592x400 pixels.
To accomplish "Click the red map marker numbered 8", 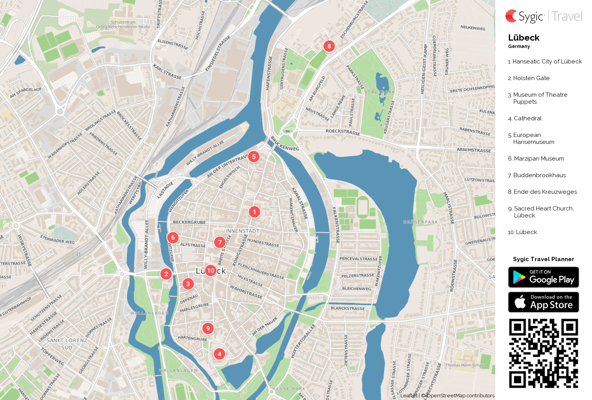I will click(x=329, y=46).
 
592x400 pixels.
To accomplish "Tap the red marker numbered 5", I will click(x=253, y=157).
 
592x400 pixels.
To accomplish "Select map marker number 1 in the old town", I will click(x=254, y=212).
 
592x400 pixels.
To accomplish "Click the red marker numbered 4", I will click(x=219, y=354).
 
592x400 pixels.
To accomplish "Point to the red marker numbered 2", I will click(x=166, y=274).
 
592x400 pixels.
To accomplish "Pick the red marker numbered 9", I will click(x=208, y=328).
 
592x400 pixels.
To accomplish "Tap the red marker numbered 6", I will click(x=173, y=238).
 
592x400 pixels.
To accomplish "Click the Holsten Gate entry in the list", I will click(x=531, y=78).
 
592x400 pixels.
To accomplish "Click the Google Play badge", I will click(x=543, y=277).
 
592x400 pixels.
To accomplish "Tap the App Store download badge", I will click(x=543, y=302).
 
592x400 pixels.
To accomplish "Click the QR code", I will click(x=543, y=353).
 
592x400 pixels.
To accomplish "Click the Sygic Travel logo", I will click(x=543, y=16).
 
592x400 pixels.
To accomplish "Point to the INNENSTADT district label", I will click(x=243, y=231).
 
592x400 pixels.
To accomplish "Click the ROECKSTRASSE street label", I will click(x=342, y=132).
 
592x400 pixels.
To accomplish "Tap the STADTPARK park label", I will click(x=379, y=92).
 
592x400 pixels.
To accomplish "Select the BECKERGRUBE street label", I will click(x=189, y=222).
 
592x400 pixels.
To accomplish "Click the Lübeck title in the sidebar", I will click(x=524, y=38).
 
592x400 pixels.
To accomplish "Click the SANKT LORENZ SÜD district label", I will click(x=67, y=344).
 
